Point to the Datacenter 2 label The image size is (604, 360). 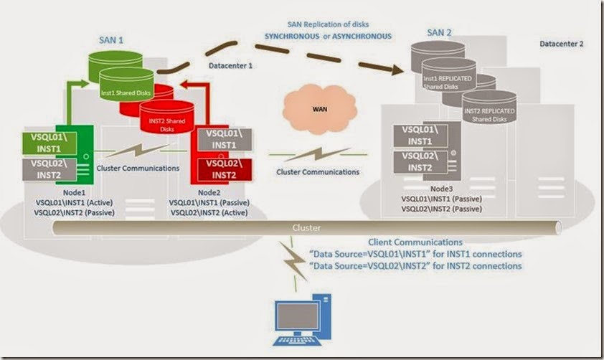[x=562, y=44]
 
